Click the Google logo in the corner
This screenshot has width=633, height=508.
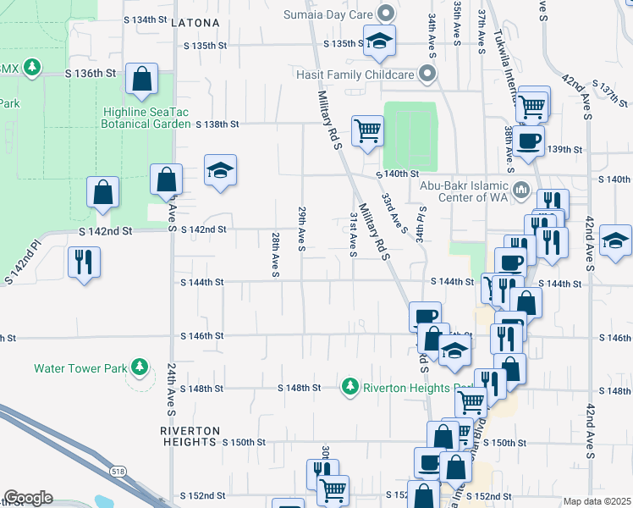point(28,498)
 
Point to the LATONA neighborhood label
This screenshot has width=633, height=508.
point(195,23)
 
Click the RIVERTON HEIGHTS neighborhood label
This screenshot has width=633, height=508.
point(189,436)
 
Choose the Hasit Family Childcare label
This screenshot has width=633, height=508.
point(366,75)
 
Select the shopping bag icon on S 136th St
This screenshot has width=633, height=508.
point(142,79)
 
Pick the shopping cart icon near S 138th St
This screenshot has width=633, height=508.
point(367,130)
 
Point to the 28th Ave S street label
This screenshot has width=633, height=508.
point(275,254)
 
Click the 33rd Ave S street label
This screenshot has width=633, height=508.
point(395,213)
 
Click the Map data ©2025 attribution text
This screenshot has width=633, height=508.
point(597,501)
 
